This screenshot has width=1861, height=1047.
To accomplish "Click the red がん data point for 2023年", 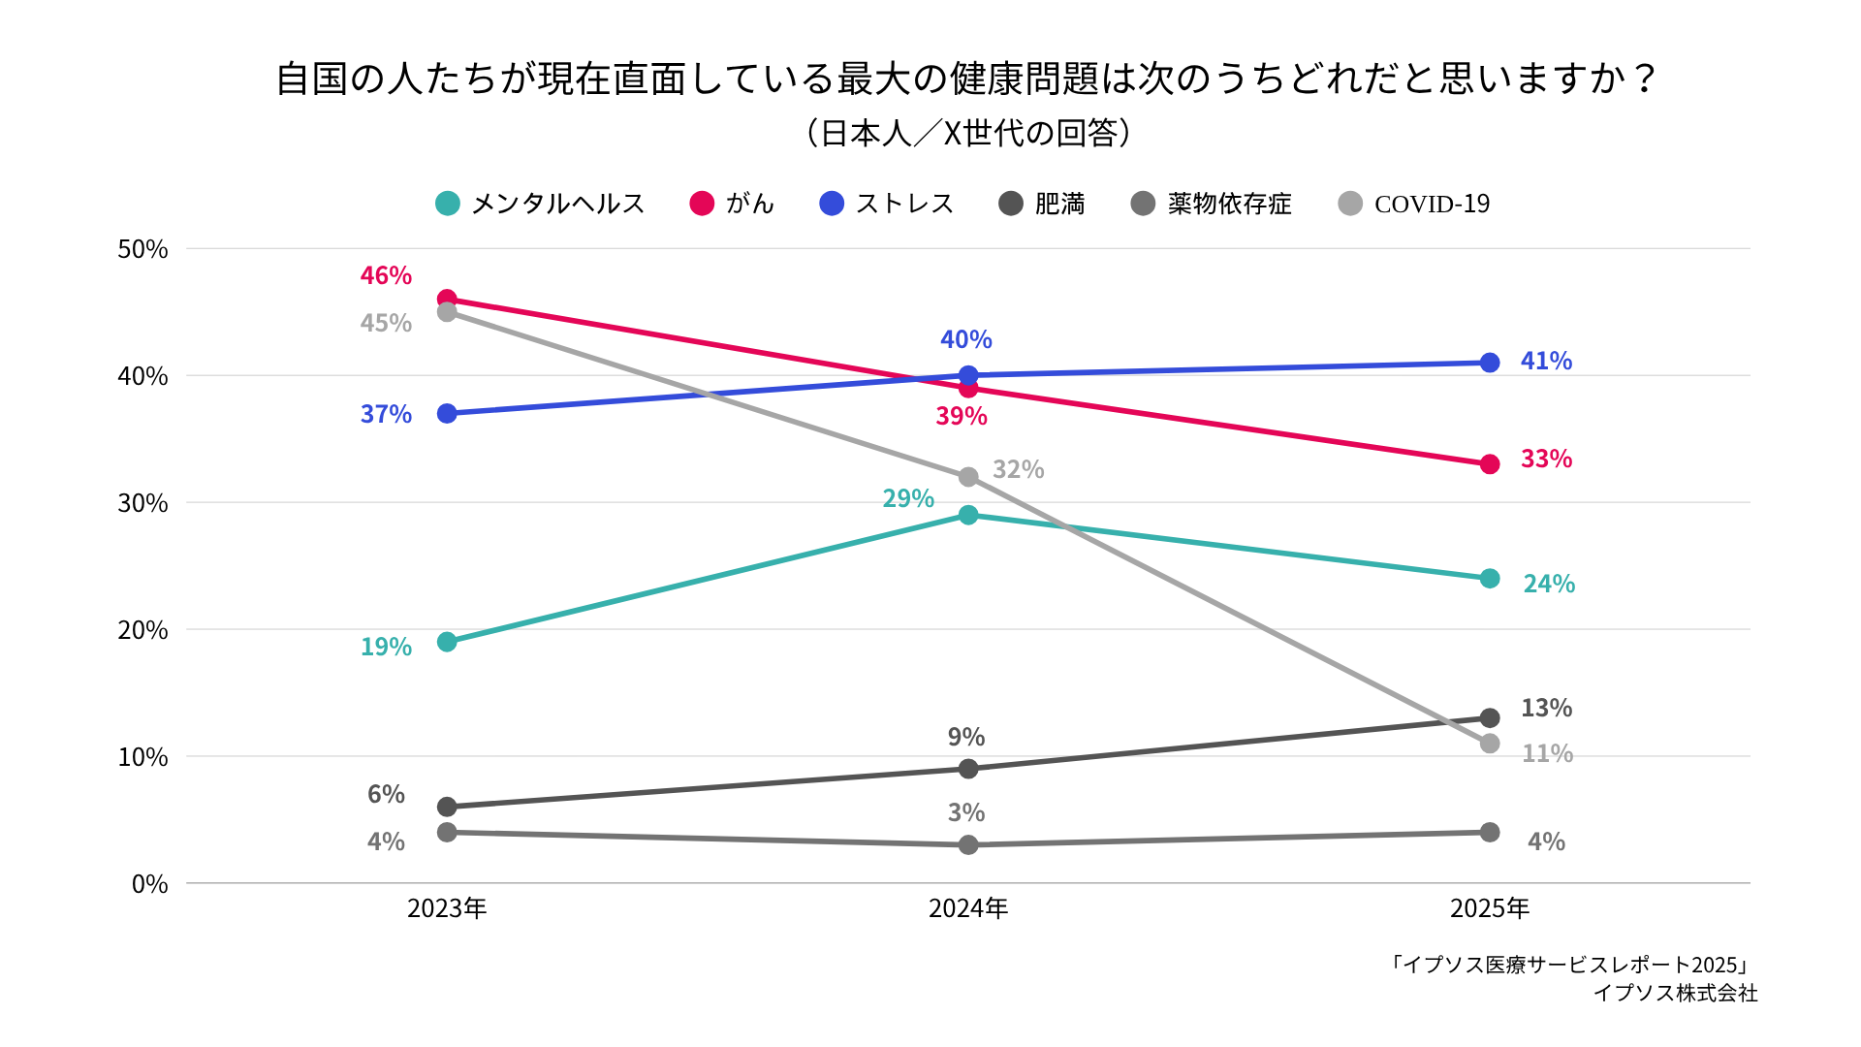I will click(x=447, y=299).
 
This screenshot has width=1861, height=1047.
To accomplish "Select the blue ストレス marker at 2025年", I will click(x=1490, y=363).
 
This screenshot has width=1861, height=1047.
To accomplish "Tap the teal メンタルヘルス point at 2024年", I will click(x=968, y=515).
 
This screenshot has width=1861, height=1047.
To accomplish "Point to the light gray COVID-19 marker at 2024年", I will click(x=968, y=477).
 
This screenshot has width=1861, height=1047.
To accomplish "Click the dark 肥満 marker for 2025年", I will click(x=1490, y=718).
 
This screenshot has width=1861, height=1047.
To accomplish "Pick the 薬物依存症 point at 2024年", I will click(x=968, y=845).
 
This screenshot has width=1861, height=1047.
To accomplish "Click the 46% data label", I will click(x=386, y=275).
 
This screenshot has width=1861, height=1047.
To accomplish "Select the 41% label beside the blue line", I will click(x=1546, y=361).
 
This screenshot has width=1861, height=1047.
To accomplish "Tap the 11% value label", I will click(x=1547, y=753).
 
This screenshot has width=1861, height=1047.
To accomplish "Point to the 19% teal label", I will click(x=386, y=647).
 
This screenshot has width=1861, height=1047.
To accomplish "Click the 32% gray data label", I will click(x=1018, y=469).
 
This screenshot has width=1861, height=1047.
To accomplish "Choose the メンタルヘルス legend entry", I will click(x=541, y=204).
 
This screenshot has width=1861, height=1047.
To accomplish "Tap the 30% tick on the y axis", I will click(x=142, y=503).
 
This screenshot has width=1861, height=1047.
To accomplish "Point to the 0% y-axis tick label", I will click(x=149, y=884).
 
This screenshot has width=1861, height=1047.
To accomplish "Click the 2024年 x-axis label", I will click(x=968, y=908).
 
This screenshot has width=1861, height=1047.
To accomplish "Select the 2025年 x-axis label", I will click(x=1490, y=908).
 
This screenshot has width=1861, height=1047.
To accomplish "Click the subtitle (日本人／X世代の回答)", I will click(x=968, y=133).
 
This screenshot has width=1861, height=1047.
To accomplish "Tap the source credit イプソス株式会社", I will click(x=1675, y=993).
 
